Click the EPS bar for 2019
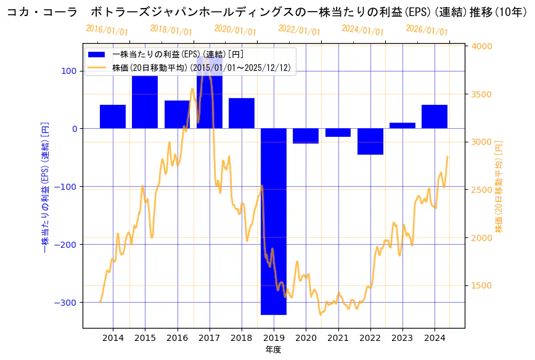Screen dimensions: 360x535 [274, 221]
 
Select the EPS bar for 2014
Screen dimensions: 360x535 [113, 117]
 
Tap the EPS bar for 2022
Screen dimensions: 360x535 [370, 141]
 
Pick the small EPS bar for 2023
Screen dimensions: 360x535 [402, 126]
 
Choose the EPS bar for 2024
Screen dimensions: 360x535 [435, 117]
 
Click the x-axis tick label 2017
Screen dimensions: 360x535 [210, 338]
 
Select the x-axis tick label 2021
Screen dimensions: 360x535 [338, 338]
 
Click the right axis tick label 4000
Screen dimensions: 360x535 [483, 46]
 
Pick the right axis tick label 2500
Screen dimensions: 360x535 [483, 190]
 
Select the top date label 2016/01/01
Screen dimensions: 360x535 [107, 30]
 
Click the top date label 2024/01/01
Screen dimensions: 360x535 [363, 30]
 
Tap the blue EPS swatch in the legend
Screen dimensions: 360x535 [97, 55]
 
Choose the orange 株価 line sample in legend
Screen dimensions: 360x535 [97, 67]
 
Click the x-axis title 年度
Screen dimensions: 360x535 [274, 350]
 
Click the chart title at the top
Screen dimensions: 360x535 [267, 12]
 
